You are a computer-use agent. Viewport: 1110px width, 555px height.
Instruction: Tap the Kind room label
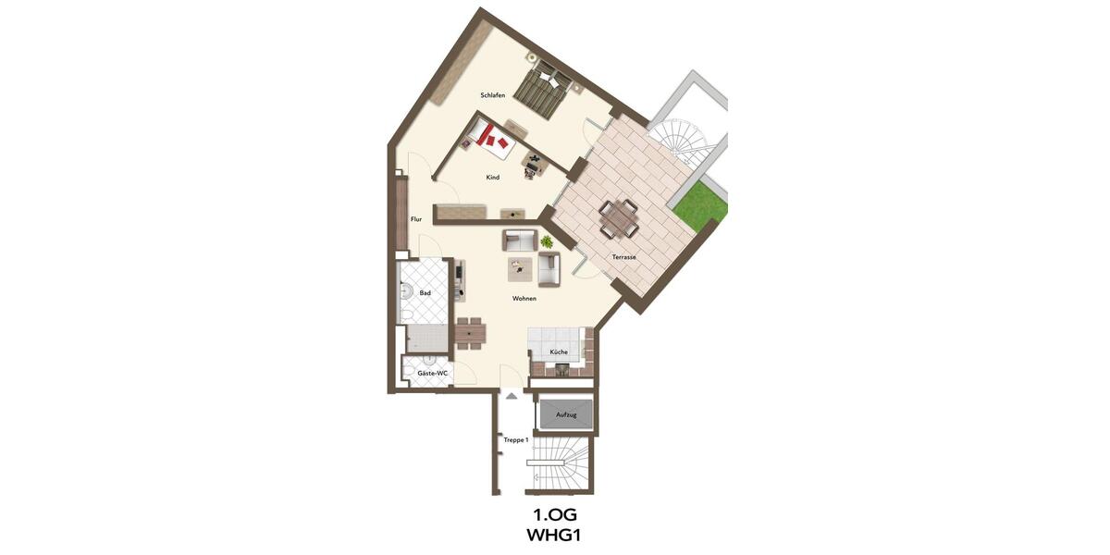(493, 177)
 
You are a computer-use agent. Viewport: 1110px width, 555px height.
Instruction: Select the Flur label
(416, 219)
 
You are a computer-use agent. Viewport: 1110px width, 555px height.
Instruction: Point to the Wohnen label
(524, 299)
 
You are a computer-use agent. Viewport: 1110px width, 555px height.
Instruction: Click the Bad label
(425, 293)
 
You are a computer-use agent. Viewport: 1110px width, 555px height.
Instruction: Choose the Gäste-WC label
(432, 373)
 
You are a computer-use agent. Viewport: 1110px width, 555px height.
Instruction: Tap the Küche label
(559, 352)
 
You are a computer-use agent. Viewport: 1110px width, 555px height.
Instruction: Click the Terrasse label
(623, 256)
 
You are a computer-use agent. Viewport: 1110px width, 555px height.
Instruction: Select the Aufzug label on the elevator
(566, 415)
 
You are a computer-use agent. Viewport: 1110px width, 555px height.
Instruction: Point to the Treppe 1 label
(515, 440)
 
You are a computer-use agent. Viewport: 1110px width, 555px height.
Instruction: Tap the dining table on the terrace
(618, 217)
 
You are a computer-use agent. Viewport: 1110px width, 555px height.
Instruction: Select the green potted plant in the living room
(547, 241)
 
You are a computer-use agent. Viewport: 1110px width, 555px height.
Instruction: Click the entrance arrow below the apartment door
(510, 395)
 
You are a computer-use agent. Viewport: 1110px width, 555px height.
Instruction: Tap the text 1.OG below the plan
(555, 514)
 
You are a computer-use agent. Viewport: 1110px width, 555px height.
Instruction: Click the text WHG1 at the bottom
(555, 535)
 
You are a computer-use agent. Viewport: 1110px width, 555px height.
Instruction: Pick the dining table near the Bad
(471, 331)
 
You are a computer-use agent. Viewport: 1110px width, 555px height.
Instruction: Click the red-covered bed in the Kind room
(490, 139)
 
